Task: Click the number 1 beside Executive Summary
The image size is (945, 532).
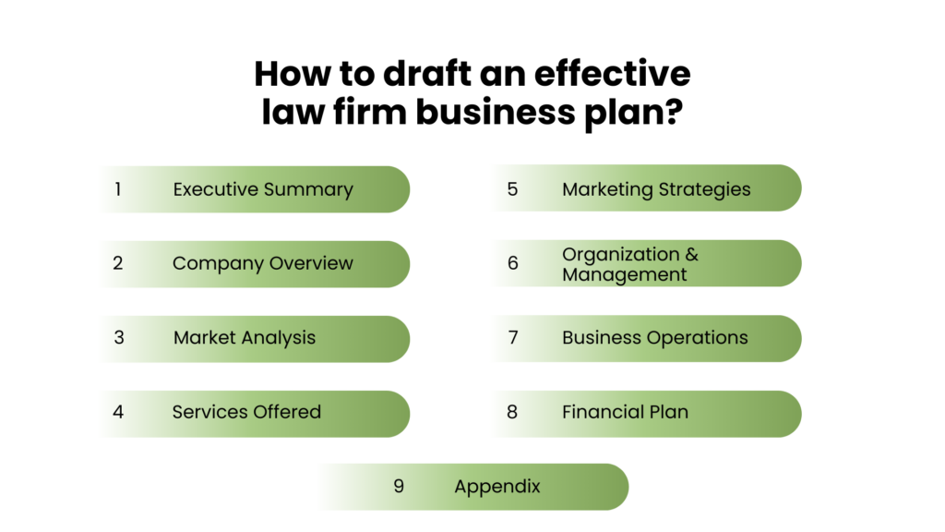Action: [x=118, y=189]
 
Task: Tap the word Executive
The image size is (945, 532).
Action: [x=216, y=189]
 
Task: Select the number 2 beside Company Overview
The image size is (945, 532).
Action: [x=118, y=263]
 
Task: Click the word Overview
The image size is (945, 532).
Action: [x=310, y=263]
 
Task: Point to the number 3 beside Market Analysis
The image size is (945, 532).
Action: [x=119, y=337]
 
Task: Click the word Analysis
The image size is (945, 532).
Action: [x=279, y=337]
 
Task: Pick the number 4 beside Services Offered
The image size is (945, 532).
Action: [x=118, y=412]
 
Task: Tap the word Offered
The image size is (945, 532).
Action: [x=287, y=412]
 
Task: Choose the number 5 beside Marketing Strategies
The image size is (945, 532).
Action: [x=512, y=189]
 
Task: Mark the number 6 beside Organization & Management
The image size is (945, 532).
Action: [x=512, y=263]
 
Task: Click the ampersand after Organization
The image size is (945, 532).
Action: [x=691, y=254]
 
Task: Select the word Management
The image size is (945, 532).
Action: [x=624, y=274]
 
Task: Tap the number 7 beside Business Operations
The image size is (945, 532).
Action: [x=513, y=337]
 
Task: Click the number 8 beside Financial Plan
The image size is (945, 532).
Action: [x=512, y=412]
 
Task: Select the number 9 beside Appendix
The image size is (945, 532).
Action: [x=399, y=486]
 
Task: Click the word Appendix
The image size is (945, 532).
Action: [x=497, y=487]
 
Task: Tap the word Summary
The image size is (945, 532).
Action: [x=308, y=190]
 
